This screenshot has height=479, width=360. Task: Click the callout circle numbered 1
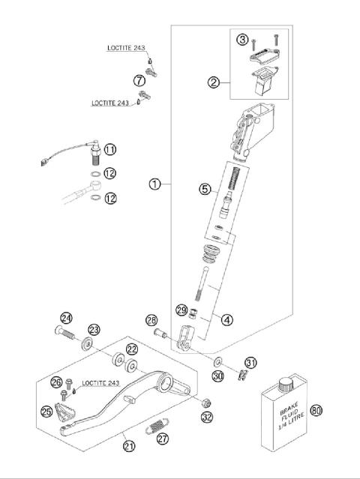point(154,184)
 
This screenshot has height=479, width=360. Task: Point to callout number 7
point(139,80)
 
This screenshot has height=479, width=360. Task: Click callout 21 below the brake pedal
point(129,446)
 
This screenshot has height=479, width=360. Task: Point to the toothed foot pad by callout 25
point(64,412)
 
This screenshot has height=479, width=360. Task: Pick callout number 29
point(181,310)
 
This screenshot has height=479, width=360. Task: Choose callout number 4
point(227,319)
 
